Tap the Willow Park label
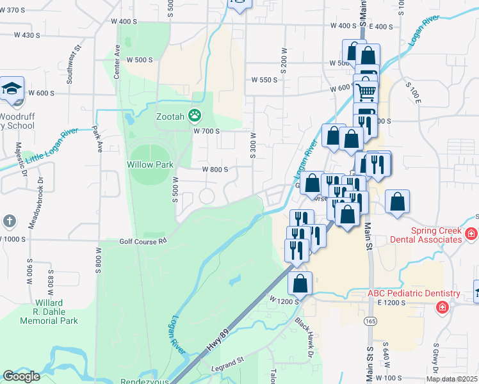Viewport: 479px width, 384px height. coord(151,164)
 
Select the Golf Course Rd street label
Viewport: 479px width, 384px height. coord(143,241)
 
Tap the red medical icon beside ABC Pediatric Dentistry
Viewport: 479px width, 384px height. coord(442,308)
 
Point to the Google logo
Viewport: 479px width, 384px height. coord(21,376)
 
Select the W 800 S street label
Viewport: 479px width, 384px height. coord(215,170)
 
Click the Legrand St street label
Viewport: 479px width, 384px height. coord(229,369)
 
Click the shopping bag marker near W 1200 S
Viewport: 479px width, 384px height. coord(300,282)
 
